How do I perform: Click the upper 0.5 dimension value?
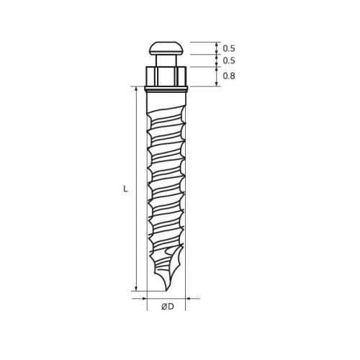pyautogui.click(x=229, y=48)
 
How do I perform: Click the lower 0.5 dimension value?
pyautogui.click(x=229, y=60)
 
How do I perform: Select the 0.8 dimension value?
pyautogui.click(x=229, y=76)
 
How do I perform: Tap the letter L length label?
pyautogui.click(x=125, y=189)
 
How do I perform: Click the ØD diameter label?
pyautogui.click(x=168, y=307)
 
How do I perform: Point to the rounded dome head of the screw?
pyautogui.click(x=166, y=48)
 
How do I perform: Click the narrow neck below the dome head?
pyautogui.click(x=166, y=60)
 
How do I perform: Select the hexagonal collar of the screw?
pyautogui.click(x=166, y=76)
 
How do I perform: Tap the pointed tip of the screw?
pyautogui.click(x=166, y=290)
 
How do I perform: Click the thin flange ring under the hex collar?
pyautogui.click(x=166, y=89)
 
